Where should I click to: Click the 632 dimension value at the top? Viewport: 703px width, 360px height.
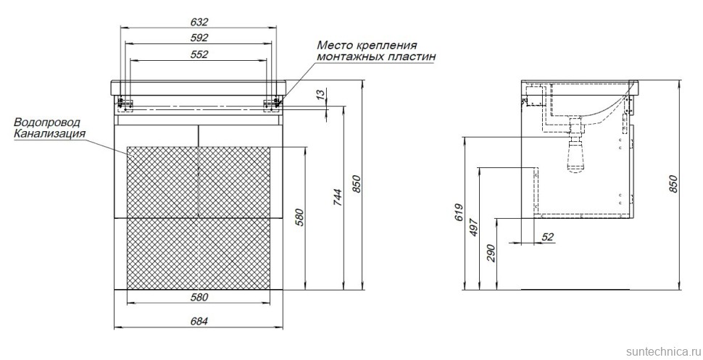199,20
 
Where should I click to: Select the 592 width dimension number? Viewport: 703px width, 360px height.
199,37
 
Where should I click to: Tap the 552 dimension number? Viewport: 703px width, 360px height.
199,54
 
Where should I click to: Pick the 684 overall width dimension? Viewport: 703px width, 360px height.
199,322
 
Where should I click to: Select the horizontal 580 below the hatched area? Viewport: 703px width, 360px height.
199,297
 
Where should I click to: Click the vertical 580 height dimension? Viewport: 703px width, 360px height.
298,217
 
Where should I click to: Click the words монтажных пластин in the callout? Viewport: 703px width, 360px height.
370,57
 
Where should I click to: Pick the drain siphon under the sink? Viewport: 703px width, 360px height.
577,153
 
